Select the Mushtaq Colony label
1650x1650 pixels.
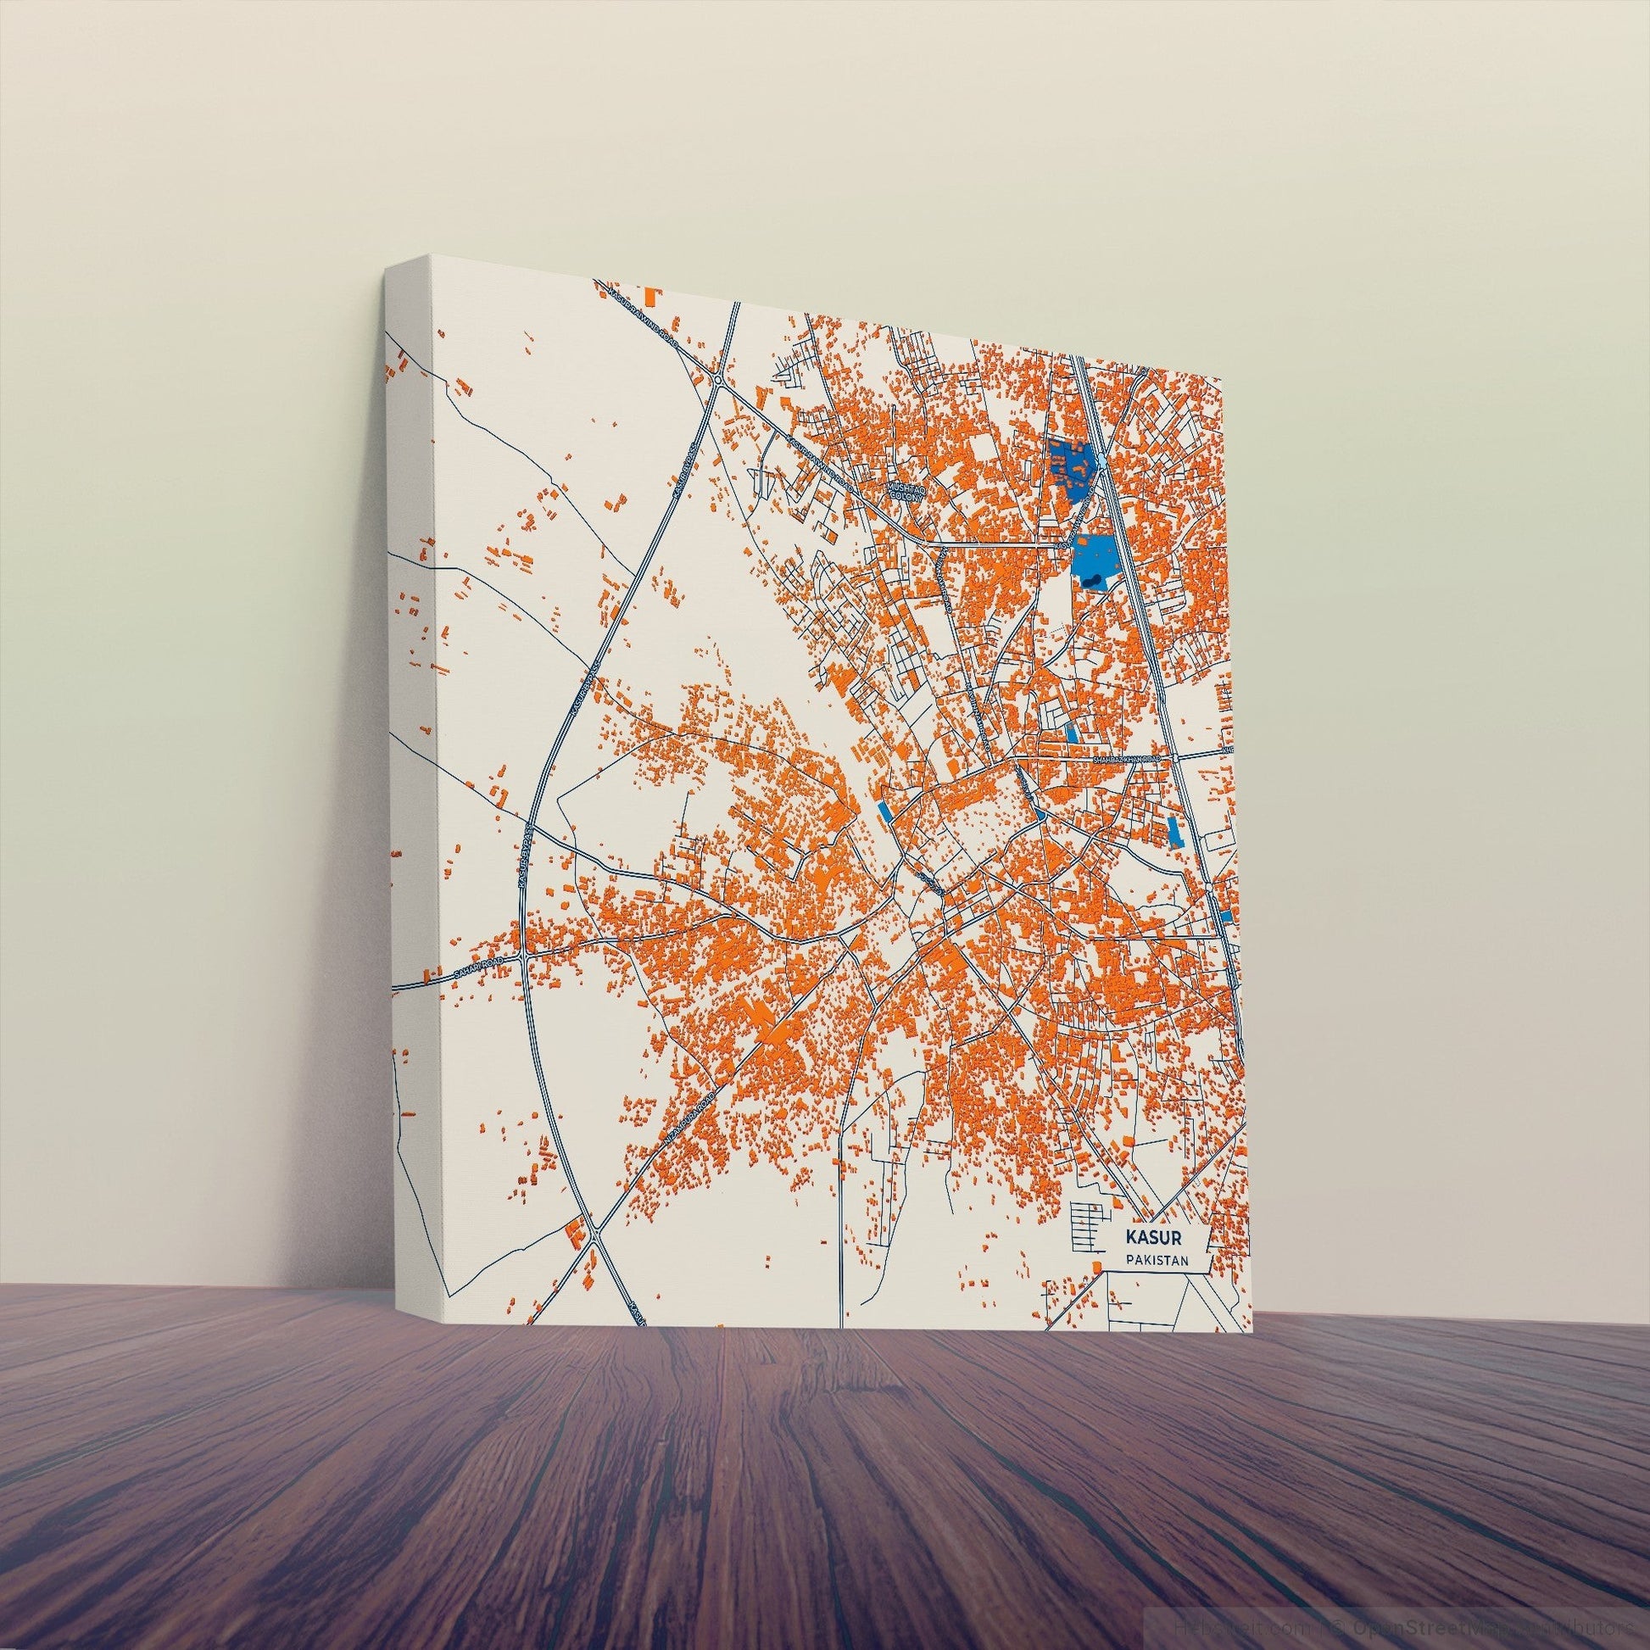(906, 489)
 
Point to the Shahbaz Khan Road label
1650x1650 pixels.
(1128, 758)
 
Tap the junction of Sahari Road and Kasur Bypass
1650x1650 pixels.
(523, 959)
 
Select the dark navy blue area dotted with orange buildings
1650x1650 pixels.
(1069, 465)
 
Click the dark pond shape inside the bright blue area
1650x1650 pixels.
(1092, 581)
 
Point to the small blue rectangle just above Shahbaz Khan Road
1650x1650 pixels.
(1072, 733)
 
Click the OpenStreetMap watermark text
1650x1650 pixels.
(1452, 1628)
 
